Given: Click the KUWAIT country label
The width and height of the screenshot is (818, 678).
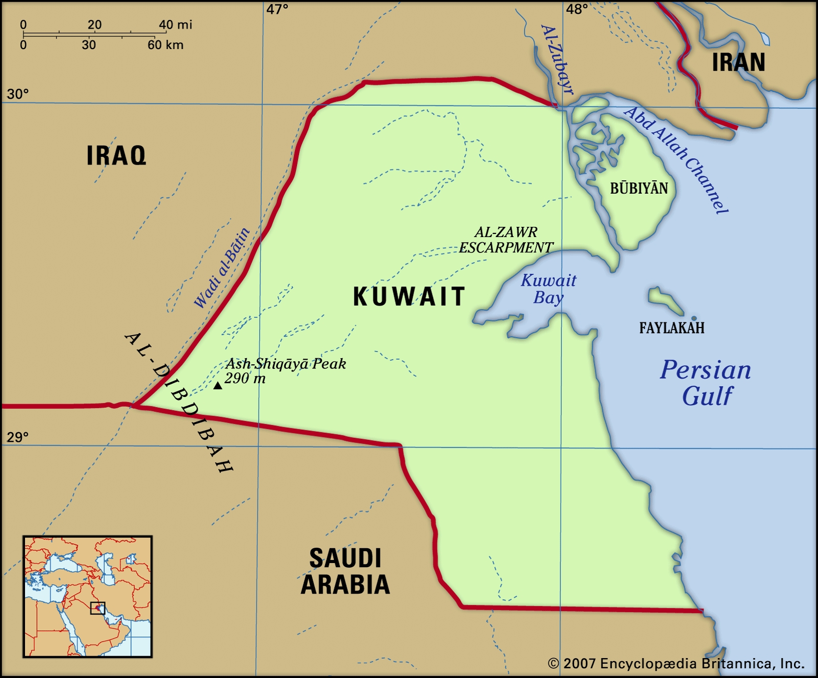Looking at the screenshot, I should coord(409,297).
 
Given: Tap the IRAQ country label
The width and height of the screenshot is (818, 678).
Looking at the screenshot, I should coord(116,156).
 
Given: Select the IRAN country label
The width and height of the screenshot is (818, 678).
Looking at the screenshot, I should coord(738,63).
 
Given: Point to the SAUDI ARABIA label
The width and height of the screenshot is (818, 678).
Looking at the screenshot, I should coord(345,572).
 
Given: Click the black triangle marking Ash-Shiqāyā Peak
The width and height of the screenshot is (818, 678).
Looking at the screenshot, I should coord(218,386).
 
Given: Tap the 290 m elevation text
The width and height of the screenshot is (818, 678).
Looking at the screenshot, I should coord(245,379).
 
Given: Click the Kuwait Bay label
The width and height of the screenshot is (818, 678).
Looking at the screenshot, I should coord(548,289).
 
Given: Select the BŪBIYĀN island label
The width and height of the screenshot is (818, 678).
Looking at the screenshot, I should coord(639,189).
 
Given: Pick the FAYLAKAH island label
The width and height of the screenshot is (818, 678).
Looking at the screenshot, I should coord(671,328).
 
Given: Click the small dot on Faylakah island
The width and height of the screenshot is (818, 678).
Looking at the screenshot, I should coord(694,318).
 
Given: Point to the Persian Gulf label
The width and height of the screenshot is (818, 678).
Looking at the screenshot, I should coord(706,383).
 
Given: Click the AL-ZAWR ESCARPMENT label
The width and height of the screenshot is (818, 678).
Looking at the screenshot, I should coord(506,240).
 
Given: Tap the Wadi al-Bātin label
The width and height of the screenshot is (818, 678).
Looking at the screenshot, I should coord(222,268).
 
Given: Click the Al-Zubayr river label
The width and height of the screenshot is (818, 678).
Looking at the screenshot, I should coord(557,59).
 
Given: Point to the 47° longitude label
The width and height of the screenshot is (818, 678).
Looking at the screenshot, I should coord(277,9).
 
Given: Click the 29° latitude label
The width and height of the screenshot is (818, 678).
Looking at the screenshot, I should coord(17,437).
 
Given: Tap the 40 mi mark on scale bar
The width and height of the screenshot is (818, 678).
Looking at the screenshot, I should coord(175,25).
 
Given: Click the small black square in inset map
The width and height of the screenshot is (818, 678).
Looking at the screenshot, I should coord(98,608).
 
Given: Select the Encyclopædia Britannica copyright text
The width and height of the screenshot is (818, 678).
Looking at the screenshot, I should coord(676,664).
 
